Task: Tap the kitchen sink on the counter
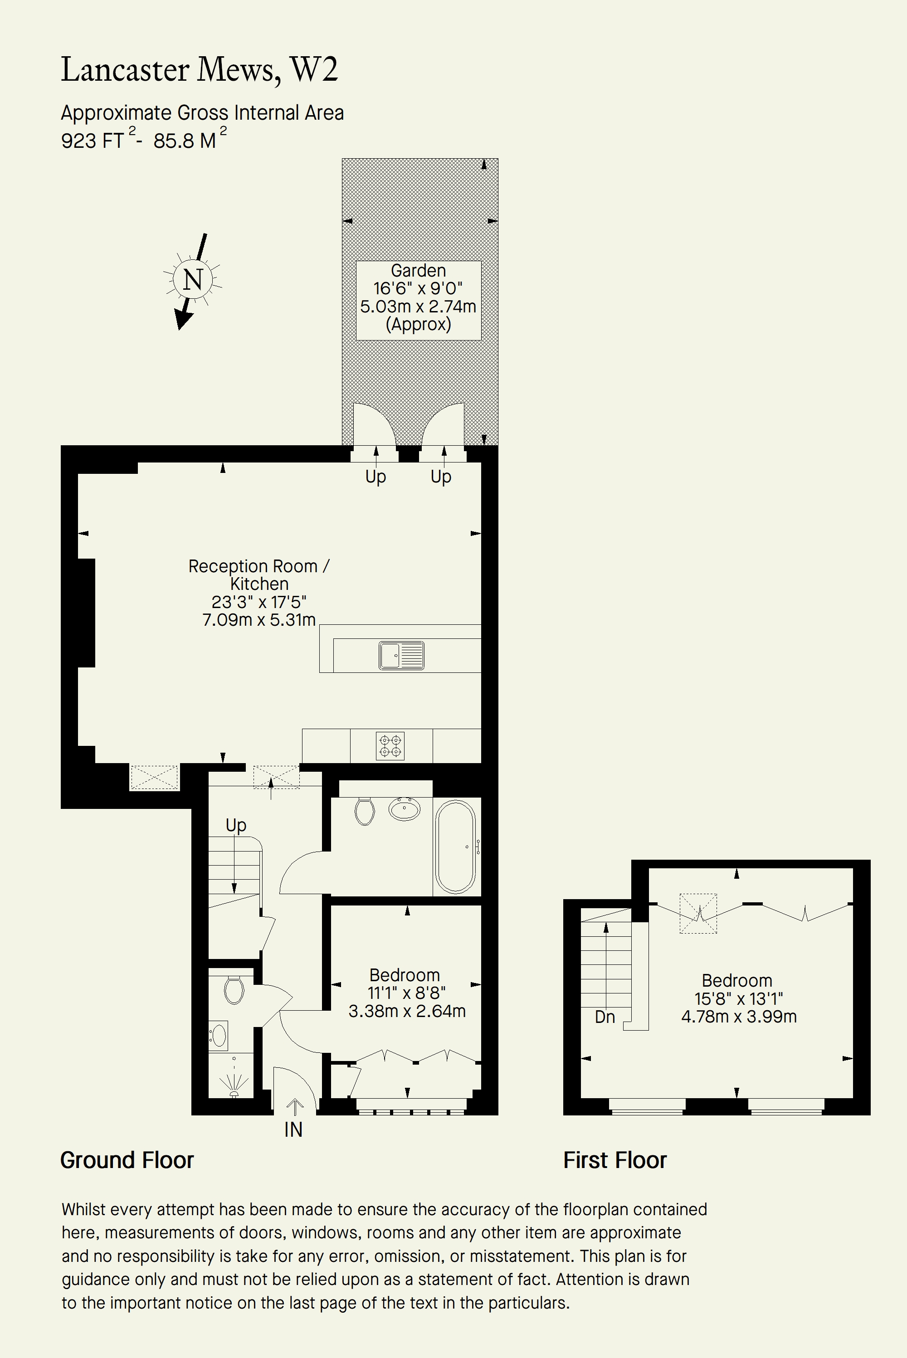pyautogui.click(x=401, y=655)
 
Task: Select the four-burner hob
pyautogui.click(x=390, y=746)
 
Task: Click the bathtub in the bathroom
pyautogui.click(x=456, y=847)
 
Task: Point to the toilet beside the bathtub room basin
pyautogui.click(x=365, y=811)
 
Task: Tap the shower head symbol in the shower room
pyautogui.click(x=234, y=1085)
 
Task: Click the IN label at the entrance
pyautogui.click(x=293, y=1129)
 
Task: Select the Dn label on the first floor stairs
pyautogui.click(x=605, y=1017)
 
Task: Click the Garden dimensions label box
pyautogui.click(x=418, y=300)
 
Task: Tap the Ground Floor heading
pyautogui.click(x=127, y=1160)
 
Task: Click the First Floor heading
pyautogui.click(x=615, y=1160)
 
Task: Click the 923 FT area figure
pyautogui.click(x=93, y=141)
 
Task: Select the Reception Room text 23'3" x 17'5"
pyautogui.click(x=258, y=602)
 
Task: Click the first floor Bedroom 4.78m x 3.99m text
pyautogui.click(x=739, y=1016)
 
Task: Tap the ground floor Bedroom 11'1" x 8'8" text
pyautogui.click(x=407, y=993)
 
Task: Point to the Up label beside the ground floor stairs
pyautogui.click(x=236, y=825)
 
